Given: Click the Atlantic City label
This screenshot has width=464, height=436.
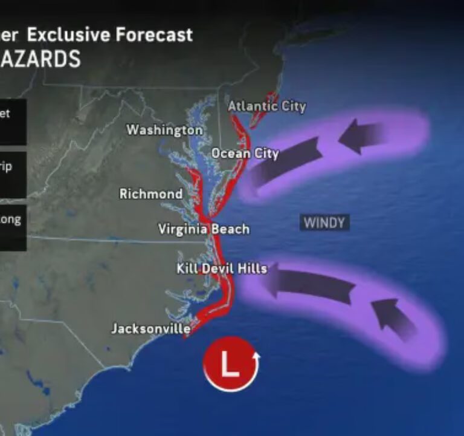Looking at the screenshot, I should [x=267, y=106].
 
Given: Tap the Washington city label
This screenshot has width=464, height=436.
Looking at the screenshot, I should [x=164, y=130].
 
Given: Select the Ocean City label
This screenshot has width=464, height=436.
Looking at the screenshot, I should [x=245, y=154].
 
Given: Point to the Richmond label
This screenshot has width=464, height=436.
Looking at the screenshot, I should [x=151, y=194].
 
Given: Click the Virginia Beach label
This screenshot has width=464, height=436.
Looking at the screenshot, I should [x=204, y=229].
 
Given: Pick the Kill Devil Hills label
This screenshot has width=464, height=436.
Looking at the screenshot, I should [x=222, y=268].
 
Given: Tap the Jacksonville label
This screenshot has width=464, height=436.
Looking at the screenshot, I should [x=151, y=329].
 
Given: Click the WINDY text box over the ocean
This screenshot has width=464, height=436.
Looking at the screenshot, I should [x=324, y=223].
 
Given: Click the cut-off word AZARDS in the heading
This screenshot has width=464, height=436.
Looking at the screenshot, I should [x=41, y=59].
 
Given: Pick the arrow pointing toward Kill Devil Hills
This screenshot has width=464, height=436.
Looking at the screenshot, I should [x=309, y=284].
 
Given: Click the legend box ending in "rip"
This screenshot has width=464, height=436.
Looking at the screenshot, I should [x=12, y=172].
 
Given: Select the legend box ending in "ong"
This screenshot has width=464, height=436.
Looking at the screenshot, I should [x=12, y=224].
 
